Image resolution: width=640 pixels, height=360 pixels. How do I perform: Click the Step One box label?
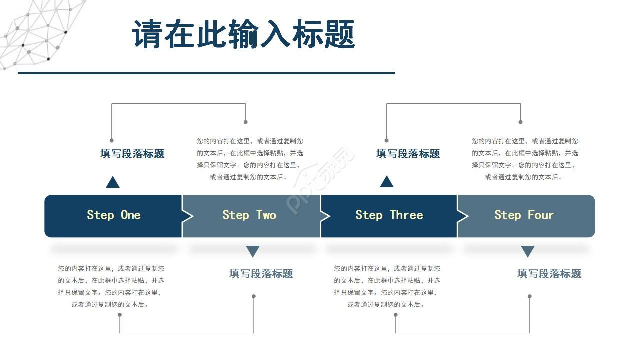click(113, 215)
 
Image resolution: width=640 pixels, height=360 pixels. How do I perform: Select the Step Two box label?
click(249, 215)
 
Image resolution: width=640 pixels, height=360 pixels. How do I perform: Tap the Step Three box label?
click(389, 215)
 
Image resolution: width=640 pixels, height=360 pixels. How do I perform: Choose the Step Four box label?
click(524, 215)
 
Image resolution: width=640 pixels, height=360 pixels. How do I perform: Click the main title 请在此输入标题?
click(243, 35)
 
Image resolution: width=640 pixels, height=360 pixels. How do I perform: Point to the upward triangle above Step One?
click(113, 183)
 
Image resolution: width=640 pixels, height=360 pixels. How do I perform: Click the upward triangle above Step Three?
click(386, 182)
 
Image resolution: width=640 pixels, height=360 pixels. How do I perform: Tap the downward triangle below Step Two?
click(253, 251)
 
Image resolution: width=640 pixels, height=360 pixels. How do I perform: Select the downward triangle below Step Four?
click(528, 251)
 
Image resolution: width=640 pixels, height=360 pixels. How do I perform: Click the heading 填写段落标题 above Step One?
click(132, 154)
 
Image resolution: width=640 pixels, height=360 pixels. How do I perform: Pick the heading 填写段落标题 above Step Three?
click(408, 154)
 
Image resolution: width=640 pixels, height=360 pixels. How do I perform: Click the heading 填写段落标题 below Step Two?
click(261, 273)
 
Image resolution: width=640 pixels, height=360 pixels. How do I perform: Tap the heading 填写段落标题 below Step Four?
click(549, 273)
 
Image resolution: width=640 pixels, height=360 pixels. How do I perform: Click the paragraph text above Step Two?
click(250, 159)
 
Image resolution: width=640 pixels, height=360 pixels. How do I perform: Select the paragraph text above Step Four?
click(525, 159)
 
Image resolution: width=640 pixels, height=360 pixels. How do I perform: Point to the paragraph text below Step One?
click(111, 286)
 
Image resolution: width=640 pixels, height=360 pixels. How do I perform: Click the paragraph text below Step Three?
click(387, 286)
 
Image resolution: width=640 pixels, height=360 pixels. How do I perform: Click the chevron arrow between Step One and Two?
click(187, 216)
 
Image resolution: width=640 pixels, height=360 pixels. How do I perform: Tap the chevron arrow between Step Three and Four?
click(463, 216)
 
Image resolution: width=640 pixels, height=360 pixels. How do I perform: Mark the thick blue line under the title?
click(206, 73)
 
